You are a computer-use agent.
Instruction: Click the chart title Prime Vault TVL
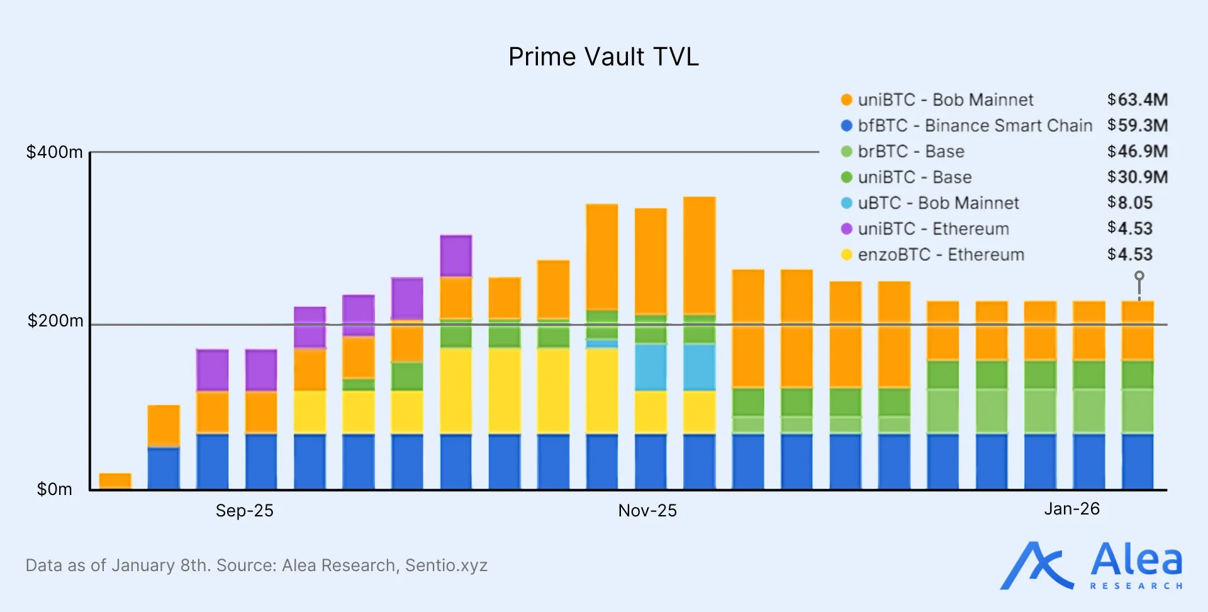603,57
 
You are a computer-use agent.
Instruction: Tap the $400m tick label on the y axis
54,152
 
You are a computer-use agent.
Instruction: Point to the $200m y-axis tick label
55,321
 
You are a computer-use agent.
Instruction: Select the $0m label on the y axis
55,489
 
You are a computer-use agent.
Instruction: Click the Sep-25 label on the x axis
244,510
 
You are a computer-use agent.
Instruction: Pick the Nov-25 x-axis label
647,510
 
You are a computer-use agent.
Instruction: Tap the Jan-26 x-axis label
1071,508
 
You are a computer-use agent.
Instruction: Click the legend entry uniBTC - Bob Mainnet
945,100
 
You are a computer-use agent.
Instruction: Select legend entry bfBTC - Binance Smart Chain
975,126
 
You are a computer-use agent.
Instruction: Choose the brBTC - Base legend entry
910,152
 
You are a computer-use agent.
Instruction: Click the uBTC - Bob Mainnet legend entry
938,203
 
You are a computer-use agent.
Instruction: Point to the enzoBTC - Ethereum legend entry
941,255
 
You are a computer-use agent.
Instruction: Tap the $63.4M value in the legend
1138,99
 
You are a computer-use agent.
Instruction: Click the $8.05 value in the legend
1130,203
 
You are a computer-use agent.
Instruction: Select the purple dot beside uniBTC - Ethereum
847,229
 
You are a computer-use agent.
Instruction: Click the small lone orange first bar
115,481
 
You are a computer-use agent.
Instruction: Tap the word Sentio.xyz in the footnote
446,565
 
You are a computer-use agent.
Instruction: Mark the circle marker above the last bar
1139,276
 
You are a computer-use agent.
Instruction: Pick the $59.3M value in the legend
1138,125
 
